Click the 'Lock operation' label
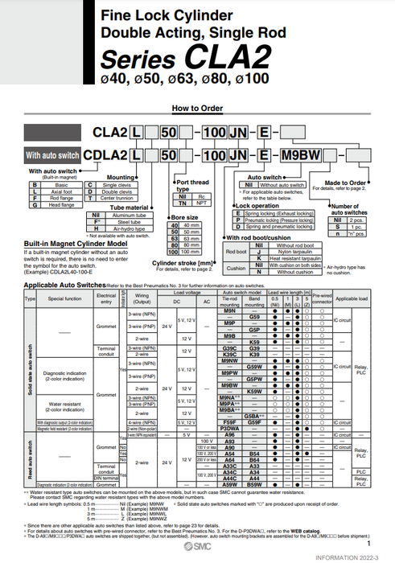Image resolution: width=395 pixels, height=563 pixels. (251, 205)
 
